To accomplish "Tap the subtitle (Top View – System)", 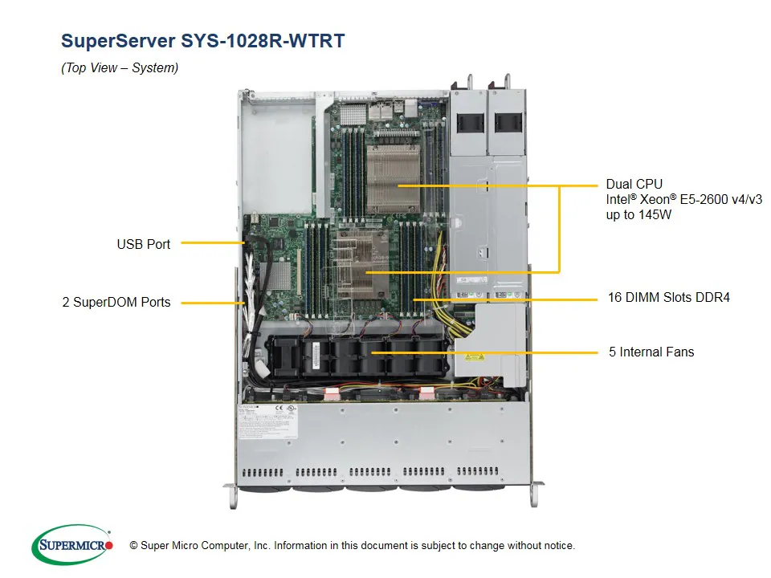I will click(120, 68).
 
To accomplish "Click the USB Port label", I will click(143, 244).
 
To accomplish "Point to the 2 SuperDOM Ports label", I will click(116, 303).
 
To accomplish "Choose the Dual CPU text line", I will click(634, 185).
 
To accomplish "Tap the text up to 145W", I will click(640, 215).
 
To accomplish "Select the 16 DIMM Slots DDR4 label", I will click(668, 298).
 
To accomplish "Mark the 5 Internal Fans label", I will click(651, 352).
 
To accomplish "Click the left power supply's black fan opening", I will click(469, 123).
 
